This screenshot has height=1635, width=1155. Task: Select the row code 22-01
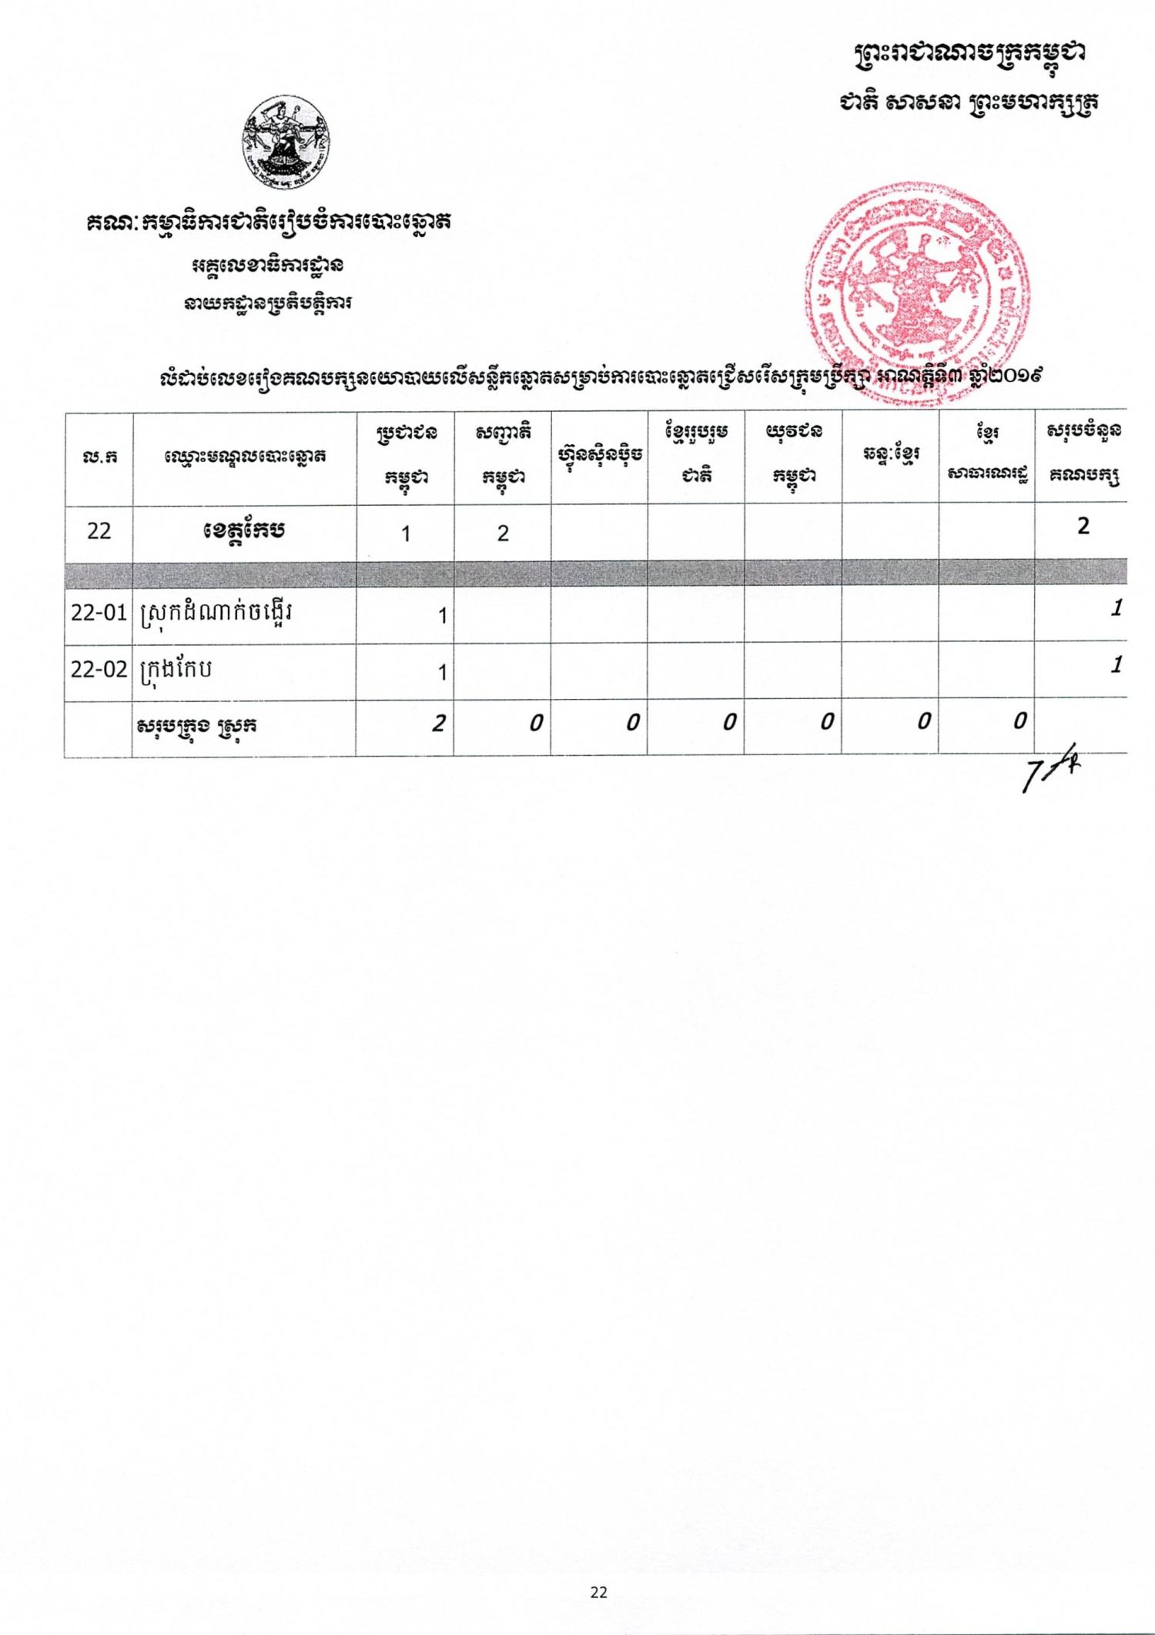[99, 614]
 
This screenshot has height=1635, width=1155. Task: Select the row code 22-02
[99, 670]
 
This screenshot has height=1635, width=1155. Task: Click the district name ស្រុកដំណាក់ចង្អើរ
[216, 614]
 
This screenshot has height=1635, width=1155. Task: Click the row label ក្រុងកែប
[176, 669]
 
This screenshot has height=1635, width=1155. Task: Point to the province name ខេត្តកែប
[245, 531]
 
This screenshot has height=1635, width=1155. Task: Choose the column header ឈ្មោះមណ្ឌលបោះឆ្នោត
[245, 457]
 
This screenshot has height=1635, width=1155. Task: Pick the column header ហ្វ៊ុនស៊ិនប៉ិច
[599, 456]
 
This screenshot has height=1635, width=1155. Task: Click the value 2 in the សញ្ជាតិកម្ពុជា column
[503, 533]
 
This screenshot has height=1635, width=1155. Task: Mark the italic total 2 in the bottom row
[437, 724]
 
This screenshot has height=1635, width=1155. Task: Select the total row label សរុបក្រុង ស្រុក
[196, 726]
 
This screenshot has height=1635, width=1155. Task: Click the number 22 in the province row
[99, 531]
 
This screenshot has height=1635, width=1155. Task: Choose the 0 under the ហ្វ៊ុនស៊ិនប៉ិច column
[631, 722]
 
